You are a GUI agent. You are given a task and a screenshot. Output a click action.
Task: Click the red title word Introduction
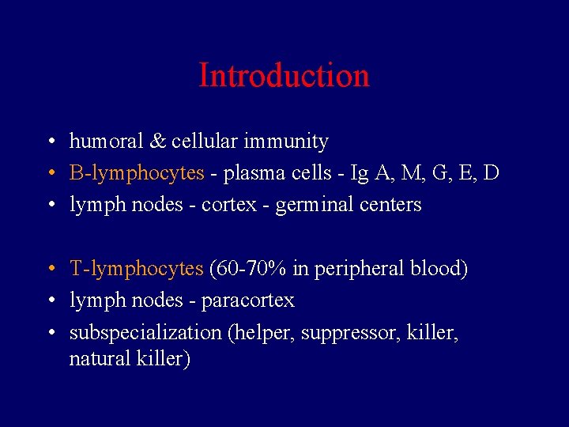(x=284, y=76)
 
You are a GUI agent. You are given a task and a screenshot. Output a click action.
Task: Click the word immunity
(x=288, y=142)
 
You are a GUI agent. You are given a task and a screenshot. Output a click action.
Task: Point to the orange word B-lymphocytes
(x=137, y=173)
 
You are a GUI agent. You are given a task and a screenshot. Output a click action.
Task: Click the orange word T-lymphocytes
(x=137, y=269)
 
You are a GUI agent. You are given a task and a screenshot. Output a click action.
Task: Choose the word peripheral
(x=360, y=269)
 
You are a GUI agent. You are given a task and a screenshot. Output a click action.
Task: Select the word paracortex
(x=247, y=300)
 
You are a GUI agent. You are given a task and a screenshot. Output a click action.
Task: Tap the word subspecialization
(x=145, y=332)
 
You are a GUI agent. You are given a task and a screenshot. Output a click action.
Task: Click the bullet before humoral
(x=50, y=142)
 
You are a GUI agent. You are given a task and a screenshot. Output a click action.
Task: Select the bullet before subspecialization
(x=50, y=333)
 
